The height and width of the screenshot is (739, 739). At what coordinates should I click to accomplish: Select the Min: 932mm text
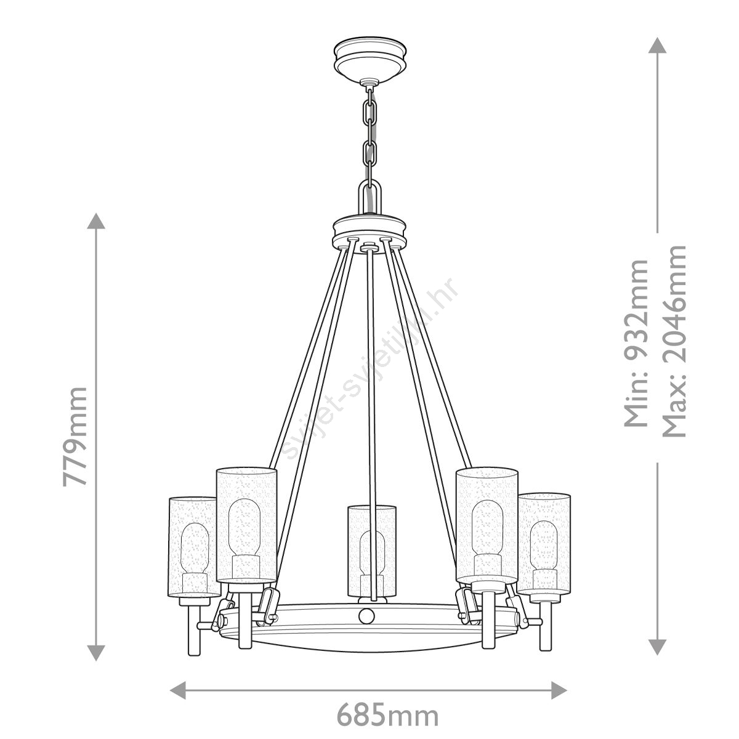[x=636, y=343]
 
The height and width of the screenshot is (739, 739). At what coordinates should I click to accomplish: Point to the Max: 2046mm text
[x=674, y=341]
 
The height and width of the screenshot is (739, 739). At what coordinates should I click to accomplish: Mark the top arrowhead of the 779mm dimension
[x=96, y=221]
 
